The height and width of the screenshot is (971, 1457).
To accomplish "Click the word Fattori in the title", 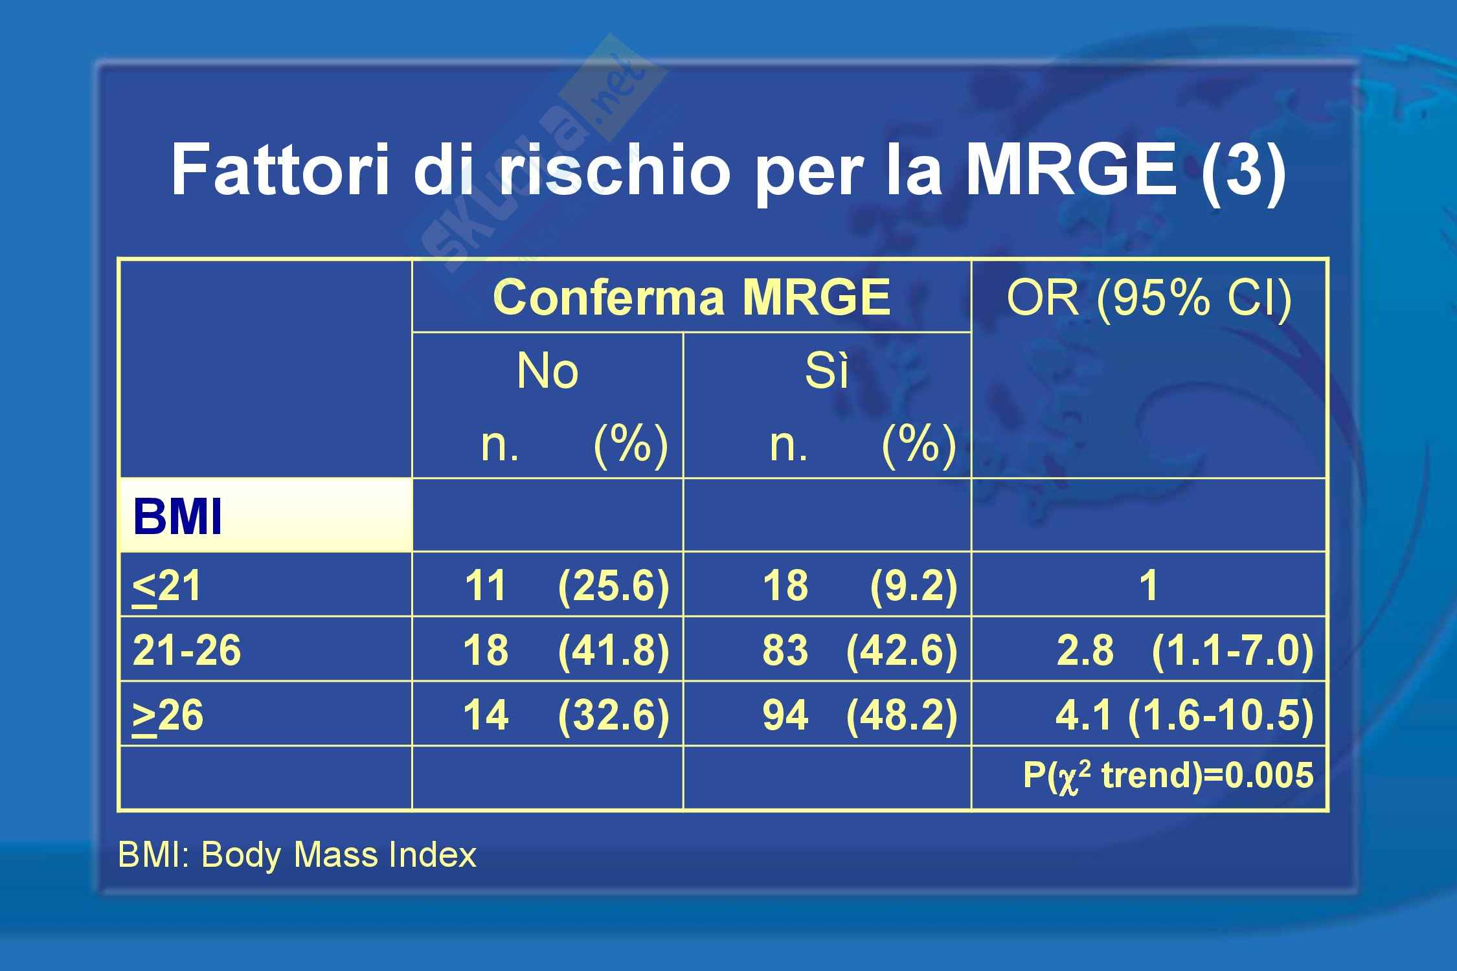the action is click(280, 170).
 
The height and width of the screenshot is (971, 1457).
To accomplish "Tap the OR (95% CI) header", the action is click(1149, 298).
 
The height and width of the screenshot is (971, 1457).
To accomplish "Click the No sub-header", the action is click(547, 371).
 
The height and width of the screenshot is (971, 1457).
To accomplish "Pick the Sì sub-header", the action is click(826, 371).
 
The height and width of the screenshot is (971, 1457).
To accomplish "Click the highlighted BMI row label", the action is click(177, 517).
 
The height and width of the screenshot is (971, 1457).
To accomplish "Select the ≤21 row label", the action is click(166, 586).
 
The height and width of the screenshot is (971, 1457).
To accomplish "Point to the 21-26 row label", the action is click(186, 650).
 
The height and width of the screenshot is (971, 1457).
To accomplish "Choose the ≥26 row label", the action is click(168, 716).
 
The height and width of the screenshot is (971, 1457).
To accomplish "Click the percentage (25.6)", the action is click(613, 586).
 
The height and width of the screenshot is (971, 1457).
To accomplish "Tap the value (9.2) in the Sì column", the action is click(913, 586).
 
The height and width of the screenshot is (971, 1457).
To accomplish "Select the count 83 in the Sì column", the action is click(785, 650).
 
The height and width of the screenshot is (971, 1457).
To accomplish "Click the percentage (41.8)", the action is click(613, 651).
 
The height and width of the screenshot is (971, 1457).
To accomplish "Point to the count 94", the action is click(785, 715).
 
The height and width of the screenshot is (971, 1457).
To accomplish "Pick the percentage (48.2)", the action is click(901, 715).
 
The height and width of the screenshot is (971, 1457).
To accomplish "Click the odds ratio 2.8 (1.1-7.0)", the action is click(1184, 651).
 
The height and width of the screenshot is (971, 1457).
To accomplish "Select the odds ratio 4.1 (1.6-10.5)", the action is click(1184, 715).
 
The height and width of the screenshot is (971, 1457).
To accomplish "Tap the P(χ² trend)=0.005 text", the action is click(1168, 776).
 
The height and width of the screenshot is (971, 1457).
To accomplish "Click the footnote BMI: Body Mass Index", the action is click(297, 854).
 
